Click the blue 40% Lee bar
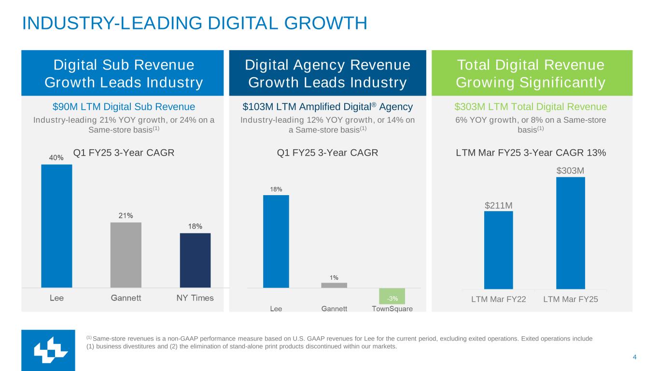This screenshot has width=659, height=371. pos(56,226)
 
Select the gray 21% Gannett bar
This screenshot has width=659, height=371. pos(126,255)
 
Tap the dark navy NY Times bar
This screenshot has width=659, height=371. pos(195,260)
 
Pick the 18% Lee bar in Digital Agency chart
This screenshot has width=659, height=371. pos(276,241)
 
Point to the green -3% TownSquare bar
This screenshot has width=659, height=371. pos(392,296)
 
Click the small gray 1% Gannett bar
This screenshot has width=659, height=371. pos(334,285)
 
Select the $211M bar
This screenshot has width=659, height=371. pos(498,250)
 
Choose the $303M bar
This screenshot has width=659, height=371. pos(570,233)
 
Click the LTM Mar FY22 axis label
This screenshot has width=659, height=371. pos(498,300)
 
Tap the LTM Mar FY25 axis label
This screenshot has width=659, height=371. pos(570,300)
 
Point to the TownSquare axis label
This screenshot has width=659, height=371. pos(392,309)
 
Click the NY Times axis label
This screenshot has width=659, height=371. pos(195,298)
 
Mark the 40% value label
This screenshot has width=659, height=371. pos(56,157)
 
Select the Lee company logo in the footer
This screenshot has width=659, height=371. pos(48,350)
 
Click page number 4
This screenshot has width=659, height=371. pos(634,357)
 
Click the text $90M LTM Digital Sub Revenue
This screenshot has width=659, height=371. pos(124,107)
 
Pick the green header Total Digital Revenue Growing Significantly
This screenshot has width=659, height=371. pos(531,73)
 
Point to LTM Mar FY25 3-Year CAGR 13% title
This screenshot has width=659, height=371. pos(531,153)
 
